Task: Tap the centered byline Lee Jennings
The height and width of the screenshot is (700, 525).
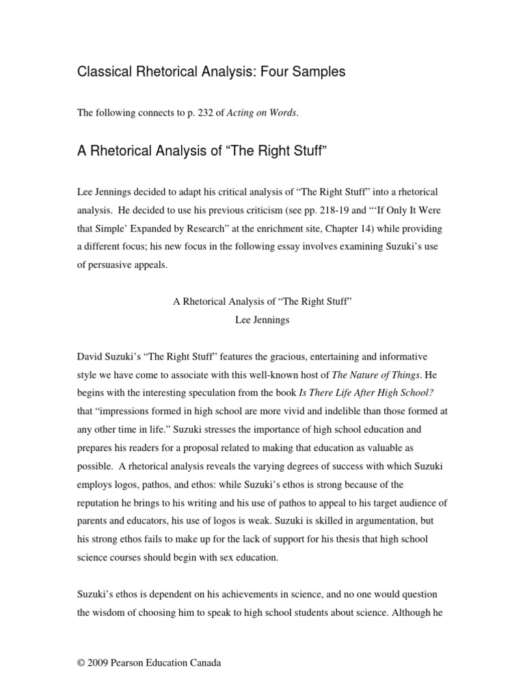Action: [x=262, y=319]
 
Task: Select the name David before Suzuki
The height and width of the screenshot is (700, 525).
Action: [x=91, y=356]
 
